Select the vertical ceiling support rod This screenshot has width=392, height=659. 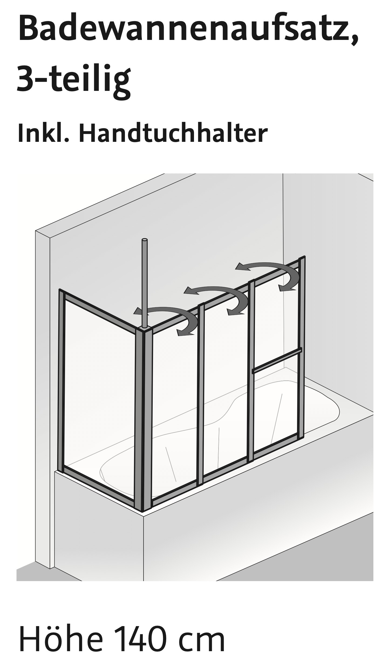(x=145, y=280)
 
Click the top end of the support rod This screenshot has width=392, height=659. (x=145, y=240)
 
